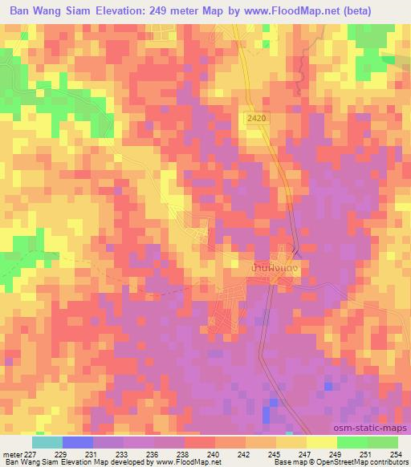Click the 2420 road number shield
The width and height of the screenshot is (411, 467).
coord(256,117)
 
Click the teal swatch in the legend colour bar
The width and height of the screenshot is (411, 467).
coord(47,441)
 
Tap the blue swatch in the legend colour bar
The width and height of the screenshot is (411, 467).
coord(77,441)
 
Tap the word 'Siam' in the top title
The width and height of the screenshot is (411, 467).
coord(87,11)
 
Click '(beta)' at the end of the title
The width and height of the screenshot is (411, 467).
coord(380,11)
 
